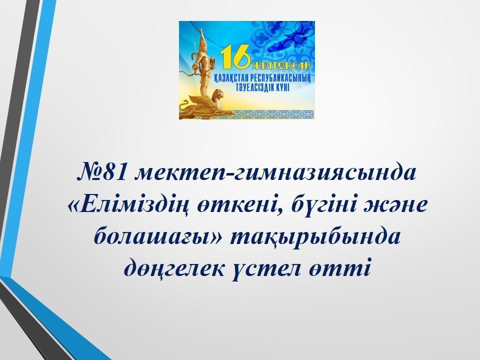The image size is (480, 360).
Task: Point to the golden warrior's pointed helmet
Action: point(201,36)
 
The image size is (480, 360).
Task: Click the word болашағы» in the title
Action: point(158,237)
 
